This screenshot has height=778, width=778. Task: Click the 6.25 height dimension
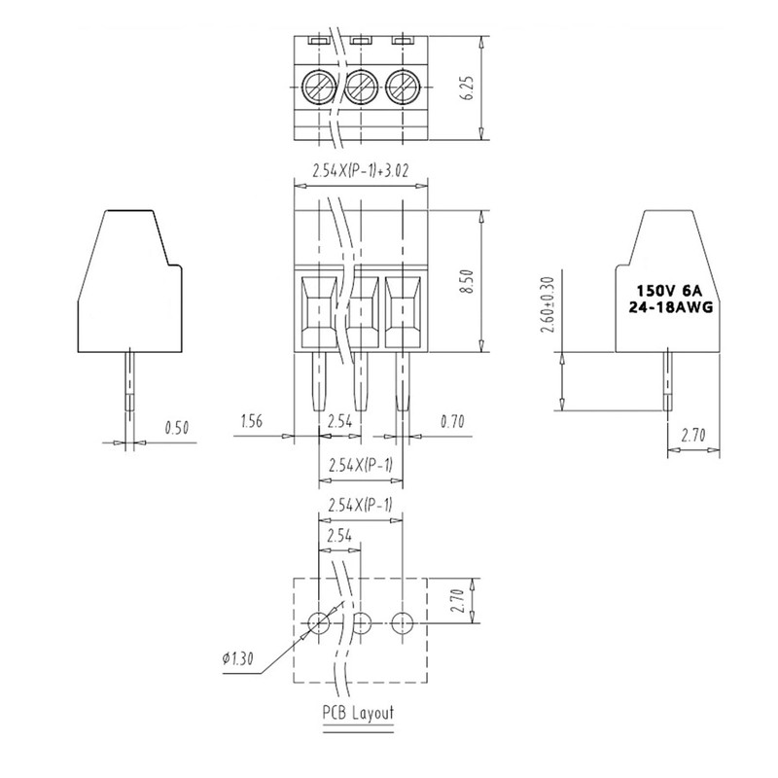pos(468,88)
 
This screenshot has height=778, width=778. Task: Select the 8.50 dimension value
pos(468,281)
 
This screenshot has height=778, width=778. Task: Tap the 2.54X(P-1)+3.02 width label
pos(360,170)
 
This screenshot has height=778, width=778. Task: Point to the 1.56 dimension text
pos(252,421)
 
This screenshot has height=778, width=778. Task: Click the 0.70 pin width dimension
pos(452,422)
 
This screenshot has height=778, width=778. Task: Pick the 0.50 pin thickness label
pos(177,428)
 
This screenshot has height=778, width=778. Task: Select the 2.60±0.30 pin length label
pos(548,304)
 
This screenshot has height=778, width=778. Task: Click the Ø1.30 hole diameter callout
pos(238,658)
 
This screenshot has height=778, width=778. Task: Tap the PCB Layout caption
pos(358,713)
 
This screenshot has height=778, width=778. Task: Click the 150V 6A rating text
pos(670,290)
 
